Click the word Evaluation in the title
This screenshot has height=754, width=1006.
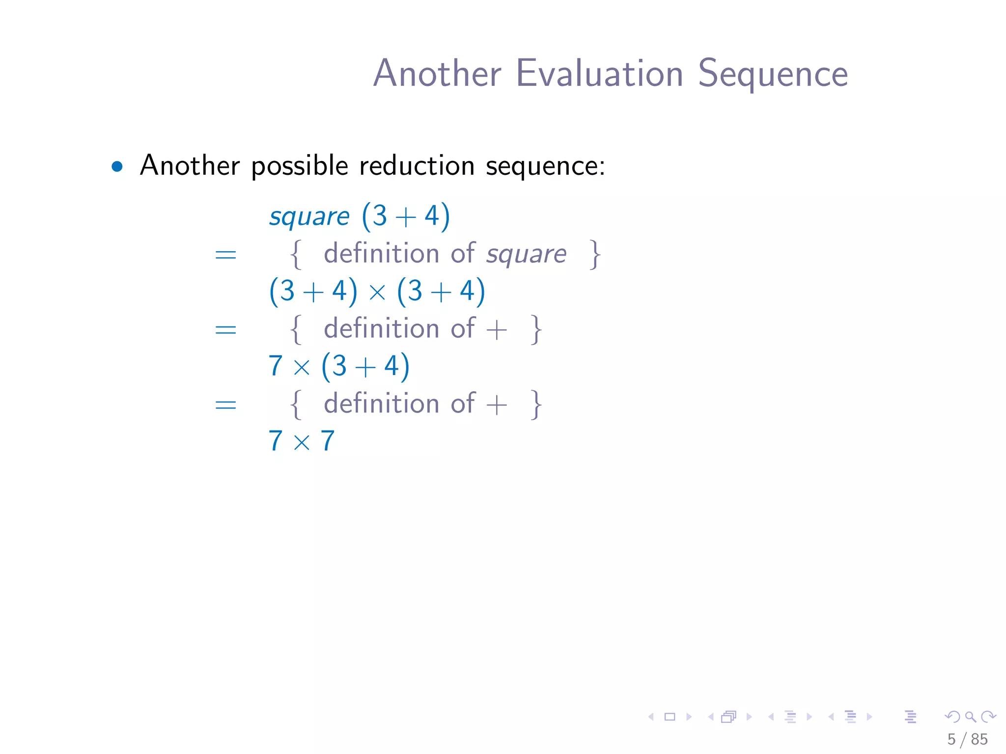click(x=599, y=74)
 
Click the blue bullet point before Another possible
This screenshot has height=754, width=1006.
click(x=117, y=166)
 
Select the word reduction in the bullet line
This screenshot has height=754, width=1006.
click(x=417, y=165)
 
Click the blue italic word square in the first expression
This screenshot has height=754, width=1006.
click(x=309, y=216)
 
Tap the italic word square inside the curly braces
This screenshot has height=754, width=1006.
click(x=526, y=254)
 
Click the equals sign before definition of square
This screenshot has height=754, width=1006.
click(x=225, y=255)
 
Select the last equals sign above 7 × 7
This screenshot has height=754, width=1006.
click(x=225, y=404)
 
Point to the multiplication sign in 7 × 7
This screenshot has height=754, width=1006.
click(x=302, y=442)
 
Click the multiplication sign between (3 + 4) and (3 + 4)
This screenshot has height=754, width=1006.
click(x=377, y=293)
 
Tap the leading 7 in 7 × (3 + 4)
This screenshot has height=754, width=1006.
click(x=276, y=366)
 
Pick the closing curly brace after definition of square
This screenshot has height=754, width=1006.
click(x=595, y=254)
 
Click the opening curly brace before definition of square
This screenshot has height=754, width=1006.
click(x=296, y=254)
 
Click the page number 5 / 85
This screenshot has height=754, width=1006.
click(x=967, y=739)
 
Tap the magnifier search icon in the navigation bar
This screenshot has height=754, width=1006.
click(x=970, y=717)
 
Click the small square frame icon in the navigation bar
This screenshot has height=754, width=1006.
click(x=670, y=717)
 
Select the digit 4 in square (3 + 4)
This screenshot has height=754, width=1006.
click(x=431, y=216)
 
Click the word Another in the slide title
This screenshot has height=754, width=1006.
click(x=437, y=74)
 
